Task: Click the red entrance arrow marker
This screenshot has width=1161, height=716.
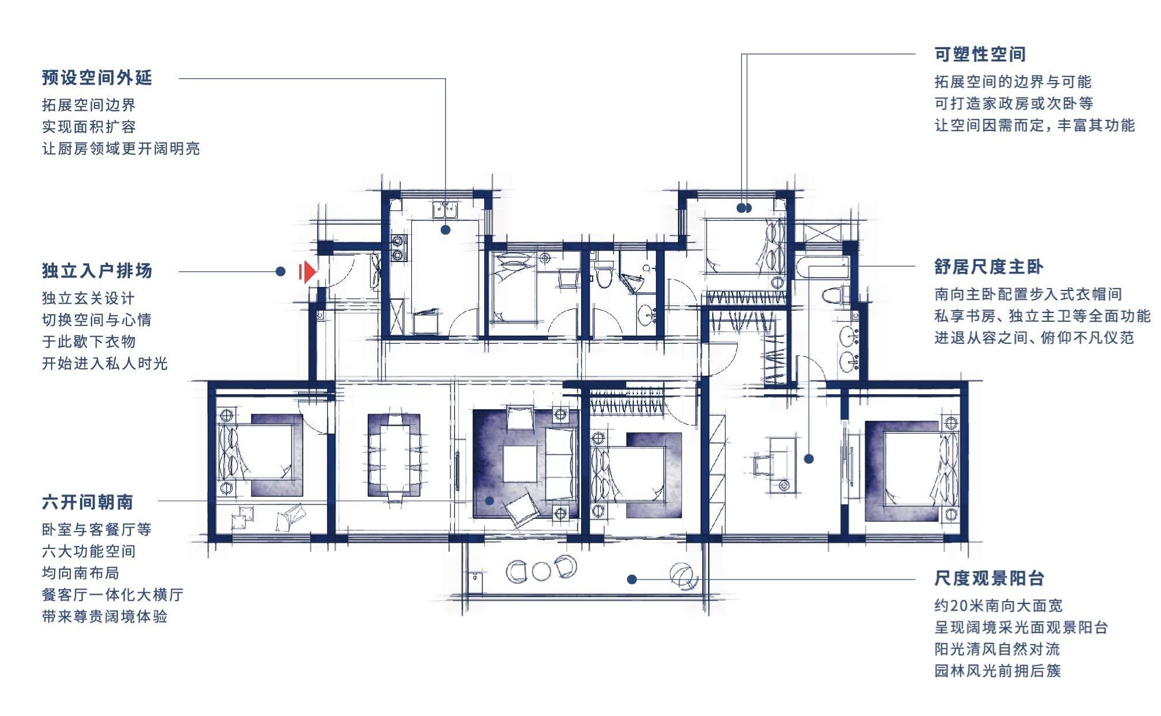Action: (x=308, y=271)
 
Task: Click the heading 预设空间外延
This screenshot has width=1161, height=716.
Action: (x=97, y=78)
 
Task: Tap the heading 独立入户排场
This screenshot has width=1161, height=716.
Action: (x=97, y=271)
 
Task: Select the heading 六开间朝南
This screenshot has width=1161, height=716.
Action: (x=88, y=502)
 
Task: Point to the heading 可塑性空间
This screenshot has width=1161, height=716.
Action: (x=980, y=54)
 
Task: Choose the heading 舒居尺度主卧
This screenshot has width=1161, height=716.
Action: (x=989, y=267)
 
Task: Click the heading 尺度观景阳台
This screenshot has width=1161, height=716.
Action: (x=989, y=579)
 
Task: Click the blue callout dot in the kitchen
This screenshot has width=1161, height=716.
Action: (x=445, y=230)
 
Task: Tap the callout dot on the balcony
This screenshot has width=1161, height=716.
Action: (x=632, y=579)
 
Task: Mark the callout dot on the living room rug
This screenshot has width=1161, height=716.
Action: (x=489, y=501)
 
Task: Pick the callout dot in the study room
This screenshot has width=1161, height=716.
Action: (x=809, y=459)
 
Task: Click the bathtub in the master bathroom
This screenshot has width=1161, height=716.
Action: (x=823, y=268)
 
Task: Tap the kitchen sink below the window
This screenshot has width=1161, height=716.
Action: (x=445, y=209)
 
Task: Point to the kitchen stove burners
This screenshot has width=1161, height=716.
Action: (x=398, y=248)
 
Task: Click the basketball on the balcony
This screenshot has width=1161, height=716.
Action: (x=683, y=576)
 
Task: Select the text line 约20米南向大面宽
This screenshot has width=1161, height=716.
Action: (x=999, y=606)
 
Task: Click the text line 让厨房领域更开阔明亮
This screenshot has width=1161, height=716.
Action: (x=121, y=149)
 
